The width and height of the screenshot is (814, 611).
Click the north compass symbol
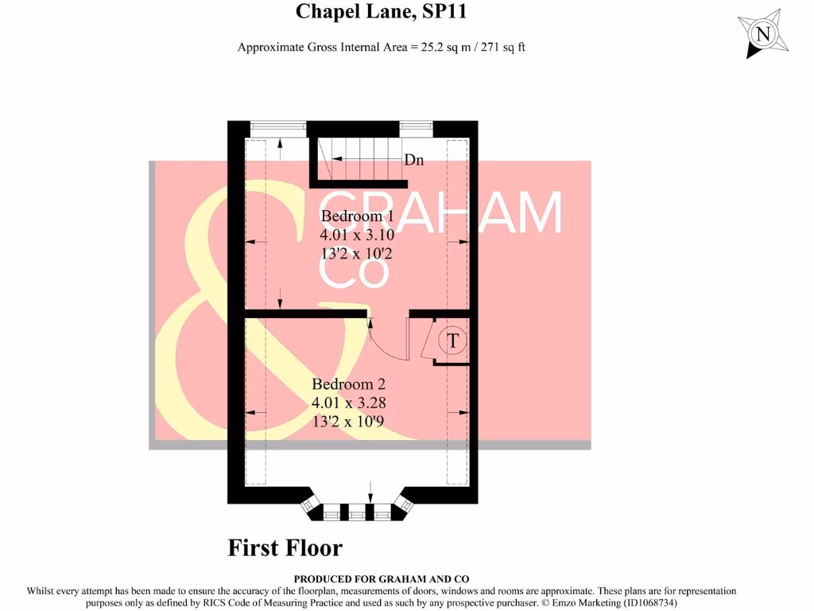[x=763, y=34]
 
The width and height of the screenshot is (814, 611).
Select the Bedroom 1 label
[x=357, y=216]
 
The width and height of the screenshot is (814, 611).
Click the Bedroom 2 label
[x=349, y=385]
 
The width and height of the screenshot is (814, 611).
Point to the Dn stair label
[x=414, y=161]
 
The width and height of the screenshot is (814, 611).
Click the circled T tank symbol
[x=453, y=341]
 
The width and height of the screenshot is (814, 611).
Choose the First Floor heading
[x=285, y=548]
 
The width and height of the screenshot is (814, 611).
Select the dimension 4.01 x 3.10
[x=357, y=235]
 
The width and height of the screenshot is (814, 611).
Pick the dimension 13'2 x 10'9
[x=349, y=421]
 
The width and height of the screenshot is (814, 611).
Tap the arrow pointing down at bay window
[x=370, y=491]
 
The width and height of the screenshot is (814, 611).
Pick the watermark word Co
[x=355, y=270]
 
